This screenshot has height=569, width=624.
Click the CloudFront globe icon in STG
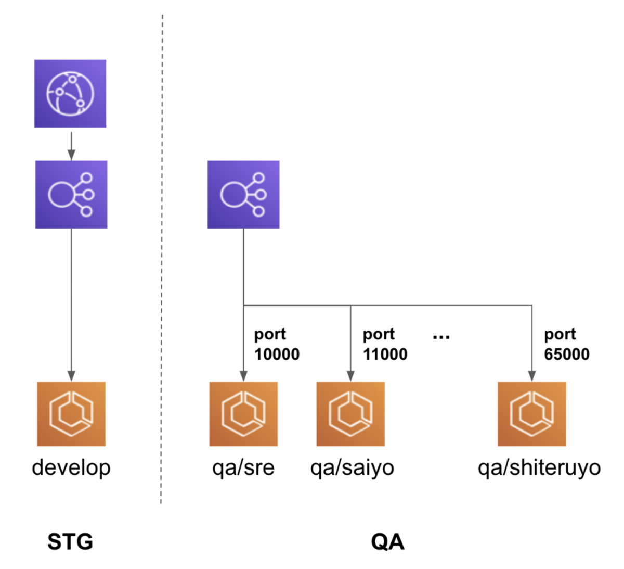[70, 94]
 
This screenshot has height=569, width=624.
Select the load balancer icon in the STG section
[71, 194]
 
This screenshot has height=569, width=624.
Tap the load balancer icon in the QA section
[243, 194]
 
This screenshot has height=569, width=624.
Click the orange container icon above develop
[71, 414]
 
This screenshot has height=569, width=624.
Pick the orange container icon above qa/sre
[243, 414]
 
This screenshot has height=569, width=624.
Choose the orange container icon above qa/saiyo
[350, 414]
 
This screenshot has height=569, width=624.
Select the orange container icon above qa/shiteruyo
[531, 414]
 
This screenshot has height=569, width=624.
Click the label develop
[71, 467]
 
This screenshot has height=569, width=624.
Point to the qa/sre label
[243, 468]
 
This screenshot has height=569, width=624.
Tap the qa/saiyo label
[352, 468]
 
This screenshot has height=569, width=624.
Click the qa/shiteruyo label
[539, 468]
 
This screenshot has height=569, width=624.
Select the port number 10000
[277, 355]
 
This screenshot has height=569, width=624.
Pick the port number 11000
[385, 355]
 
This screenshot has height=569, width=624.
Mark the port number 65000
[567, 355]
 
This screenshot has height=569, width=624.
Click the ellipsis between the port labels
[441, 338]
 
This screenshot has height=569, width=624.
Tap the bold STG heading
[70, 542]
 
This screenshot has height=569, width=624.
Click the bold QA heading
[387, 542]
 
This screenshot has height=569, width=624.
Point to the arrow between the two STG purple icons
[71, 146]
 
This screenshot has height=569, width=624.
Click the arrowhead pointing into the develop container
[71, 376]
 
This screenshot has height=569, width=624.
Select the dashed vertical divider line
[162, 260]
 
